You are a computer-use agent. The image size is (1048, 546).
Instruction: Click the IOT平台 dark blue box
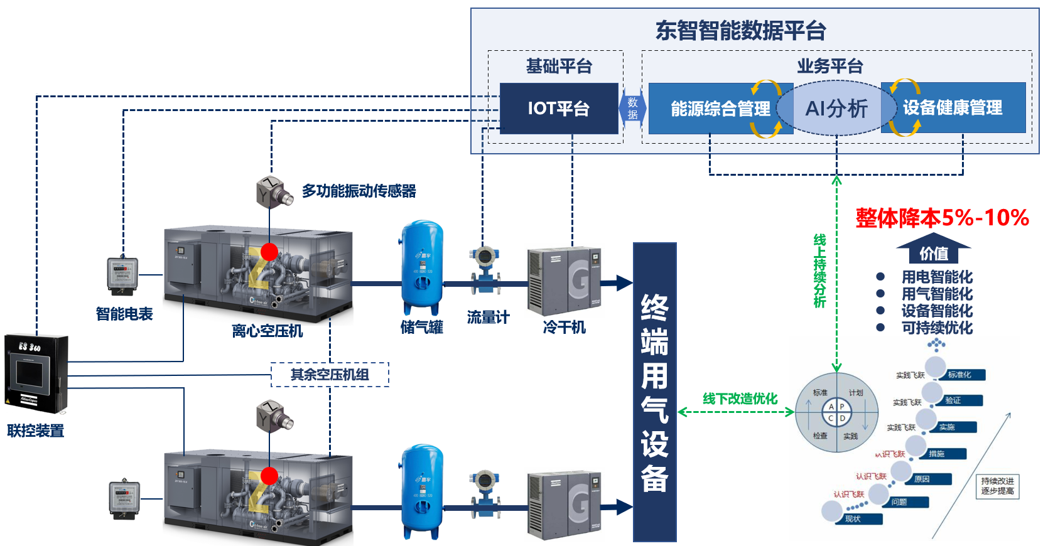[558, 108]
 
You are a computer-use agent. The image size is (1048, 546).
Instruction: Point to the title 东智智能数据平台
[740, 30]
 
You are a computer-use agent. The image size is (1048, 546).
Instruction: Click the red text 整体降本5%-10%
[942, 218]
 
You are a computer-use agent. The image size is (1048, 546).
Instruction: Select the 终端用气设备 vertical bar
[654, 392]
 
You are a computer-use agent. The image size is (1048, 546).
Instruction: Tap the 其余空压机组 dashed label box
[330, 375]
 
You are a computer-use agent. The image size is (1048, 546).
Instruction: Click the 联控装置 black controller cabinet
[36, 374]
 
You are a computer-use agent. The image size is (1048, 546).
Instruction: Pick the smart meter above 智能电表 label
[122, 275]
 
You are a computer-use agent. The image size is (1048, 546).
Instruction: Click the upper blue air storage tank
[422, 266]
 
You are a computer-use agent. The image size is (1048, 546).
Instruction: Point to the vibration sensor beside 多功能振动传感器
[274, 191]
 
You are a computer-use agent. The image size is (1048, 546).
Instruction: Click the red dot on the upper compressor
[269, 252]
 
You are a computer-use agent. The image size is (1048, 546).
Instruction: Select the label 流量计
[488, 318]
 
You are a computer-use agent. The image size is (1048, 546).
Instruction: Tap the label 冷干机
[564, 327]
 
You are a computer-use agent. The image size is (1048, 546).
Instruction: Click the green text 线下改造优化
[740, 399]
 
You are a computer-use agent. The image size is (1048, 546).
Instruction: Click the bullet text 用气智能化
[937, 294]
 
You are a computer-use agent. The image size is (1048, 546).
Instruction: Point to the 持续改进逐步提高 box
[997, 486]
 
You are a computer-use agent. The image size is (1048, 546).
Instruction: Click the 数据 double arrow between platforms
[632, 109]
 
